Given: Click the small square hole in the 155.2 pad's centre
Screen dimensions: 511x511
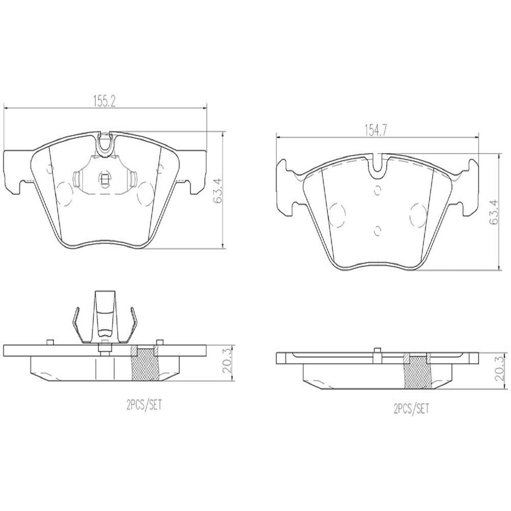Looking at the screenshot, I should (105, 178).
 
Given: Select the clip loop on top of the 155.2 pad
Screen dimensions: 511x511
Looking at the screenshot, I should (105, 144).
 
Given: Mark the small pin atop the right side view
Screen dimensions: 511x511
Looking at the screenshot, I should (378, 350).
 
